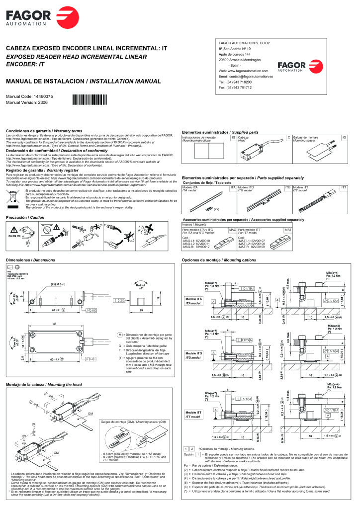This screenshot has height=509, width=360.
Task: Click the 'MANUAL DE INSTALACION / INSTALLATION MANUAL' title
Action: coord(83,81)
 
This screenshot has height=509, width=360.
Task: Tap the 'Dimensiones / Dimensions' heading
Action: coord(30,260)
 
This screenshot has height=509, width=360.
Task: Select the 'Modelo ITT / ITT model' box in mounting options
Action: coord(193,414)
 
